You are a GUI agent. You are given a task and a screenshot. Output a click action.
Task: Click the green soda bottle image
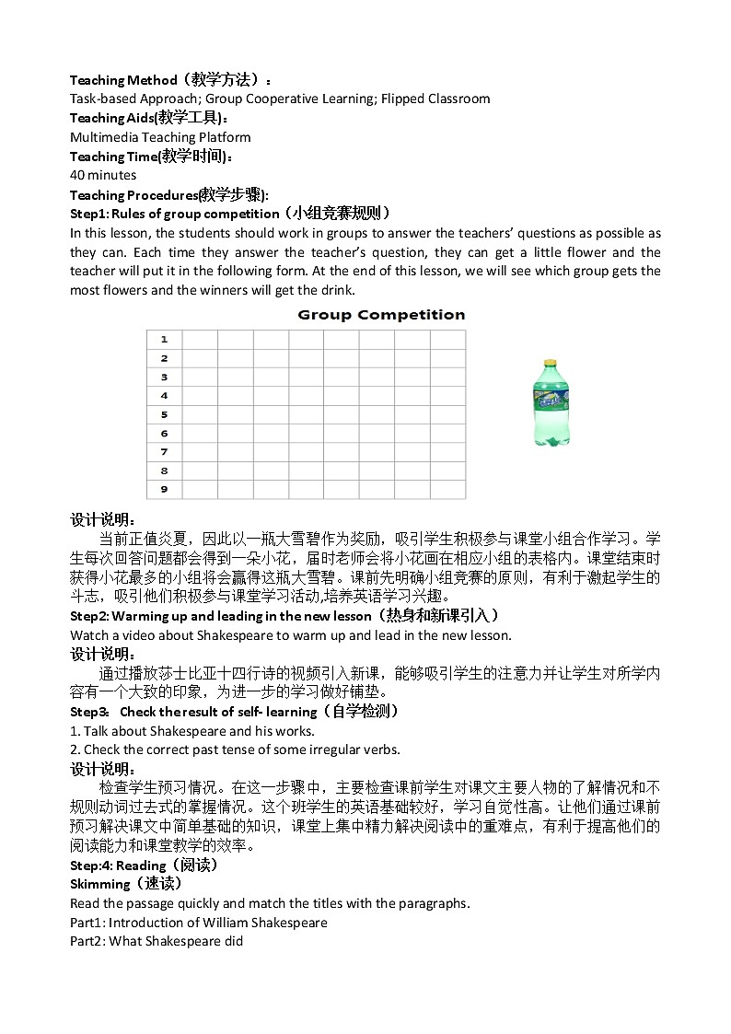coord(545,403)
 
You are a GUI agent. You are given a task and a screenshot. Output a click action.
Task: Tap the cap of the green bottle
coord(545,362)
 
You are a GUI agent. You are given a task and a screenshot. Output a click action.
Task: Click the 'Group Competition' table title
coord(381,315)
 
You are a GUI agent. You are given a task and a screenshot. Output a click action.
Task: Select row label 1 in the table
coord(164,340)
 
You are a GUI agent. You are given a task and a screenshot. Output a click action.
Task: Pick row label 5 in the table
coord(164,414)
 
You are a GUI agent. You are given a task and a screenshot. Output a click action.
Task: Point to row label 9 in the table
coord(164,489)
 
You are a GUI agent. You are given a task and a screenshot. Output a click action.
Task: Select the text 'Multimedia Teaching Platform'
coord(160,137)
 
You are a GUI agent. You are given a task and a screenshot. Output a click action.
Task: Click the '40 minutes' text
coord(103,175)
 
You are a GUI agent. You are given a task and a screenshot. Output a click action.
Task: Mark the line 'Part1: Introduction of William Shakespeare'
coord(198,923)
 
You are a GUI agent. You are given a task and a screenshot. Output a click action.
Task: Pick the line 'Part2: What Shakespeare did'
coord(157,941)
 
